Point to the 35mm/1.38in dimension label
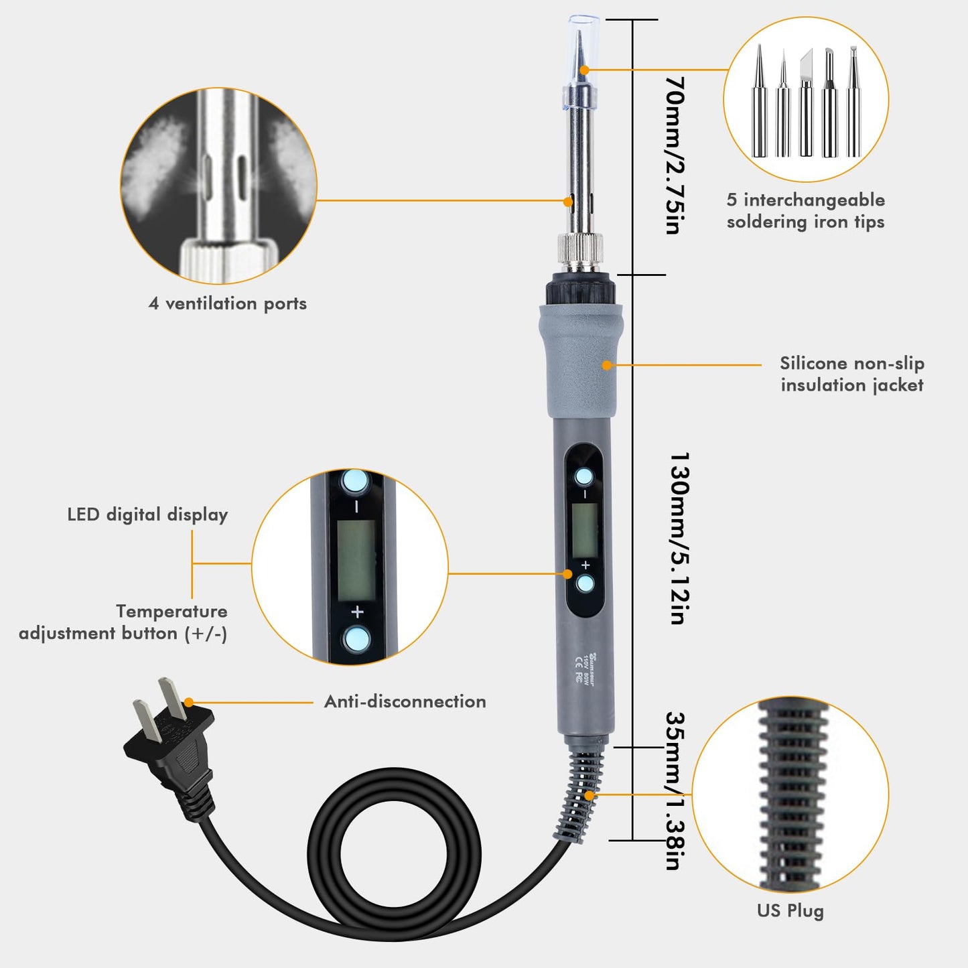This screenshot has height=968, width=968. click(674, 790)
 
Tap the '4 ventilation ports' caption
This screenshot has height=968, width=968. click(227, 303)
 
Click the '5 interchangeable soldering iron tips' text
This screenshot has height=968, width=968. click(805, 210)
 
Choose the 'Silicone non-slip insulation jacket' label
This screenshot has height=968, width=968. click(851, 374)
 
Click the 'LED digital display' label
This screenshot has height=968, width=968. click(147, 514)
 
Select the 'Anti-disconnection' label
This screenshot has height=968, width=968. click(405, 701)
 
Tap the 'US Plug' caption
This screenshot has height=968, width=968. click(790, 910)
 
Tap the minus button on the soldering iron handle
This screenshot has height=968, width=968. click(584, 477)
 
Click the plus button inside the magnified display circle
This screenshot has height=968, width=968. click(356, 638)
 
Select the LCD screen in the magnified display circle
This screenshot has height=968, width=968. click(356, 560)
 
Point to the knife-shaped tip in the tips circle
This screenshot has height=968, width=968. click(805, 104)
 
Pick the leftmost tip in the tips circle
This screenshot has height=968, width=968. click(759, 104)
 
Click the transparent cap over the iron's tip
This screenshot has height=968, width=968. click(578, 64)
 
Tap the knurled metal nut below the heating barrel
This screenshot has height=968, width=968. click(579, 249)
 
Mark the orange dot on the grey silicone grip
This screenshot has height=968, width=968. click(607, 365)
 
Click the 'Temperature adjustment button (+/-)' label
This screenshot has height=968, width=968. click(123, 622)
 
